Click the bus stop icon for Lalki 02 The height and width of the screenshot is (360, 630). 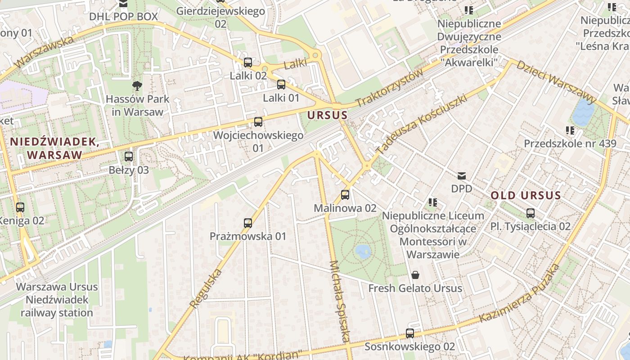(x=248, y=63)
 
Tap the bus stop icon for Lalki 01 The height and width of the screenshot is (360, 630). (x=281, y=84)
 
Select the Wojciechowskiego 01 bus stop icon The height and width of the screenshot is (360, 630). (x=258, y=121)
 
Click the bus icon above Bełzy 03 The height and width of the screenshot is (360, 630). (x=129, y=157)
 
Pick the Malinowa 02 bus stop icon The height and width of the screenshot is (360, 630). (x=345, y=195)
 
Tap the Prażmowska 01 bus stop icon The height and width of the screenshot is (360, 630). (x=248, y=223)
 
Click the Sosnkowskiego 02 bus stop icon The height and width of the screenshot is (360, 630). (x=410, y=333)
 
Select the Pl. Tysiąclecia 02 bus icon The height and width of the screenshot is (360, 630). (x=531, y=213)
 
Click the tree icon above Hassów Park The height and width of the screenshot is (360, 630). (x=137, y=85)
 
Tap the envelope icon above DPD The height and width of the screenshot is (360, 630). (x=462, y=175)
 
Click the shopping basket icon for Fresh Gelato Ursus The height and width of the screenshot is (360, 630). (x=415, y=274)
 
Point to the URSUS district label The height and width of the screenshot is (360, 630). (x=328, y=115)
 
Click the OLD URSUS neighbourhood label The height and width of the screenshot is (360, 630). (x=526, y=195)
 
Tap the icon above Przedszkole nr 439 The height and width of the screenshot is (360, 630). (x=570, y=130)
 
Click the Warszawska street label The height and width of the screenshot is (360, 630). (x=44, y=53)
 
